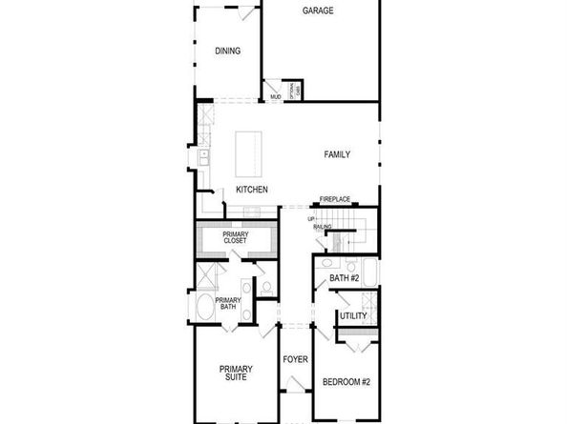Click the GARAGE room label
(x=318, y=11)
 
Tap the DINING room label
(x=227, y=51)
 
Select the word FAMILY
(x=337, y=154)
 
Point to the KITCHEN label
(x=252, y=190)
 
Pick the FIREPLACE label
(x=335, y=199)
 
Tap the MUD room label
(x=275, y=97)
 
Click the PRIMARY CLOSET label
(x=235, y=238)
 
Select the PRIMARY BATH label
(x=227, y=303)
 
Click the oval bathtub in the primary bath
(x=204, y=310)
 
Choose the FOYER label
(x=295, y=360)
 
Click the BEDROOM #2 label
(x=346, y=382)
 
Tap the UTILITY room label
(x=353, y=315)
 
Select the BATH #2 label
(x=344, y=278)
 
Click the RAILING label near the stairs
(x=322, y=227)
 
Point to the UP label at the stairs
(x=311, y=219)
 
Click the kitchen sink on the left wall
(x=203, y=155)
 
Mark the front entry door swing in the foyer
(x=295, y=385)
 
